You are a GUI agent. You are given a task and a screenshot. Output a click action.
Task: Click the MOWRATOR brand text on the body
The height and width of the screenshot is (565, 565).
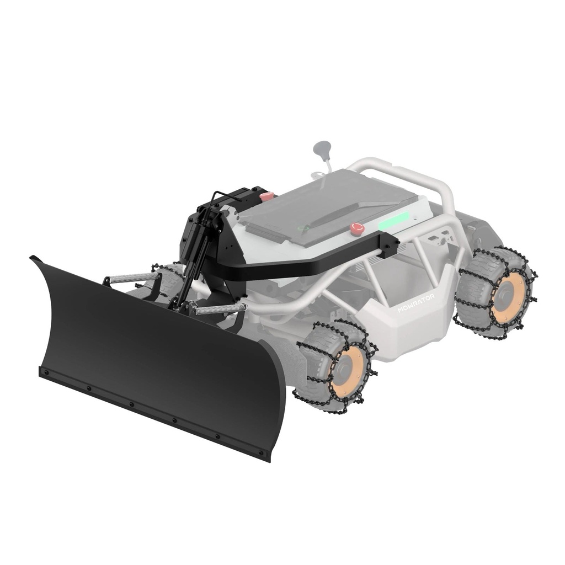(x=416, y=303)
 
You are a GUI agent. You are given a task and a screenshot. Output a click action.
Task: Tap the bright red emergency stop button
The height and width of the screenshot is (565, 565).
(x=357, y=228)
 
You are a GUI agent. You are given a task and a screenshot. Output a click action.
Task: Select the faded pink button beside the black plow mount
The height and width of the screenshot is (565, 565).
(x=266, y=196)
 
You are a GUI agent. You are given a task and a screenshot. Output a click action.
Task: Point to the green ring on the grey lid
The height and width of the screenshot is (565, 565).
(x=304, y=228)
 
